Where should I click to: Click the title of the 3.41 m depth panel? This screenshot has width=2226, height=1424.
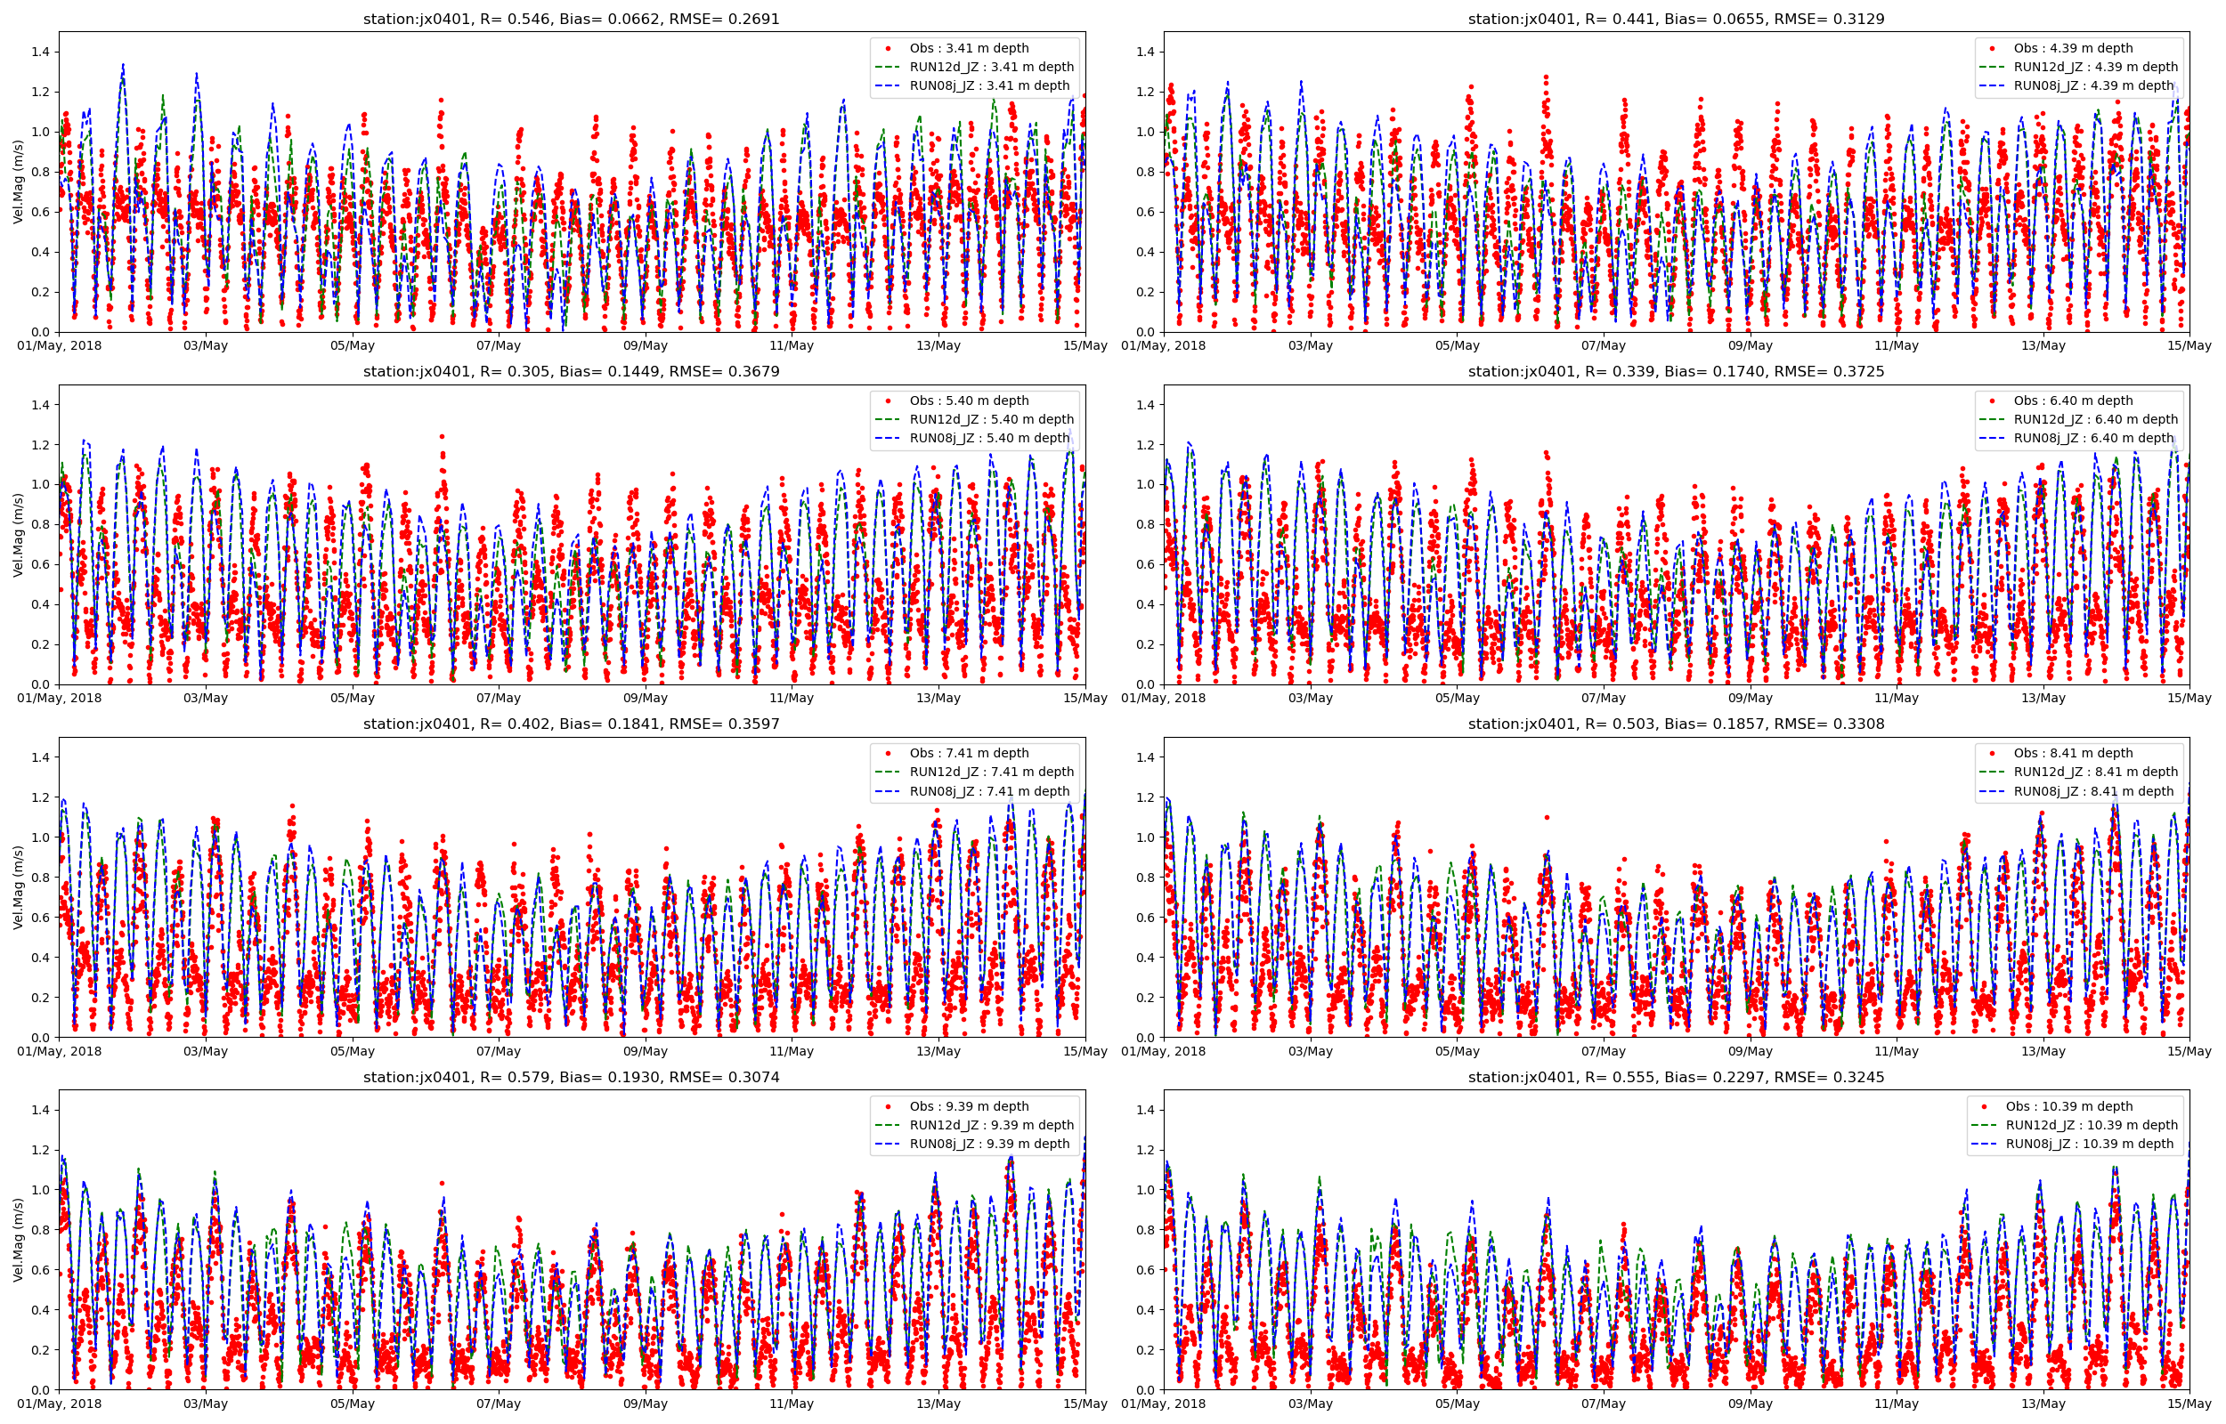(x=571, y=19)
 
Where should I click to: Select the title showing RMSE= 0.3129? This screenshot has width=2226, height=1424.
(x=1676, y=19)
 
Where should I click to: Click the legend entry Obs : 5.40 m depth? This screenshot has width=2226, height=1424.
(x=968, y=400)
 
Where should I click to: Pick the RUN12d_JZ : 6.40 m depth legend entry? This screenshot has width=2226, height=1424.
(x=2096, y=419)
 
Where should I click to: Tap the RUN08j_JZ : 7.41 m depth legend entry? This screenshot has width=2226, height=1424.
(x=989, y=791)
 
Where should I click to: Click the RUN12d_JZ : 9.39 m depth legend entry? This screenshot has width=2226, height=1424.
(x=991, y=1125)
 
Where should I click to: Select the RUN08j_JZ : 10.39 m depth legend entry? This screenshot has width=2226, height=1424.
(x=2089, y=1144)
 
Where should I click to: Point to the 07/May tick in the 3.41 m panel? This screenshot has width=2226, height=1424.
(x=499, y=346)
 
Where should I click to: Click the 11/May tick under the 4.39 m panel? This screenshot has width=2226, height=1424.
(x=1897, y=346)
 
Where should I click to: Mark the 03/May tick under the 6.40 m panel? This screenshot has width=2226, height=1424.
(x=1311, y=698)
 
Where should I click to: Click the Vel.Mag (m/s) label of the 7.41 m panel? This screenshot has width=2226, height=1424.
(x=19, y=887)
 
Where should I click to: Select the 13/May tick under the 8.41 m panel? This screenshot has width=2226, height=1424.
(x=2043, y=1051)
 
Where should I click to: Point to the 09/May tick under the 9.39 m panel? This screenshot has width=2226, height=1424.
(x=646, y=1404)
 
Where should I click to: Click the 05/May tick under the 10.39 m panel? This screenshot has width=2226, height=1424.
(x=1457, y=1404)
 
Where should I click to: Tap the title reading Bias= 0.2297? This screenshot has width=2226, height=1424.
(x=1676, y=1077)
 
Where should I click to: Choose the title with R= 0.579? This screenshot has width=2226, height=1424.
(x=571, y=1077)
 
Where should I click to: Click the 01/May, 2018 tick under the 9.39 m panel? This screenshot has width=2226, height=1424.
(x=59, y=1404)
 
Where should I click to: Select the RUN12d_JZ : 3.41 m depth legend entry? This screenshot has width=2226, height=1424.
(x=991, y=67)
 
